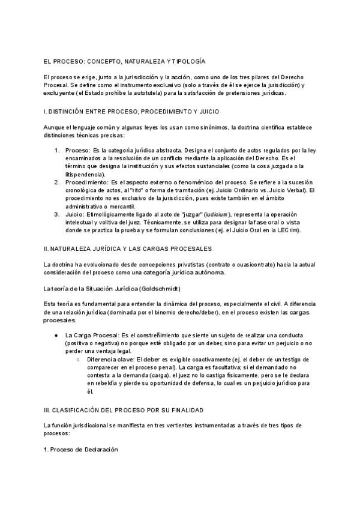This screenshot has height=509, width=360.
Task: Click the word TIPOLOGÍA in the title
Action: pyautogui.click(x=184, y=61)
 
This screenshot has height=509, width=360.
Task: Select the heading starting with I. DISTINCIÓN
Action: pyautogui.click(x=131, y=112)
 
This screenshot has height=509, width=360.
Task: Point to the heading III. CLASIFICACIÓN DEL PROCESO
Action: pyautogui.click(x=124, y=410)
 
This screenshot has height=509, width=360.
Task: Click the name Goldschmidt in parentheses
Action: pyautogui.click(x=159, y=289)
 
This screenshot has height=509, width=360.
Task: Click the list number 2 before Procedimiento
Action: pyautogui.click(x=57, y=182)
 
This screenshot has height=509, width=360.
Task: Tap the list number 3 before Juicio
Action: pyautogui.click(x=57, y=214)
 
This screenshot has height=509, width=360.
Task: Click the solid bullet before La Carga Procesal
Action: pyautogui.click(x=56, y=334)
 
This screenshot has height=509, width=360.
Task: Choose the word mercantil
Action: pyautogui.click(x=120, y=206)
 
